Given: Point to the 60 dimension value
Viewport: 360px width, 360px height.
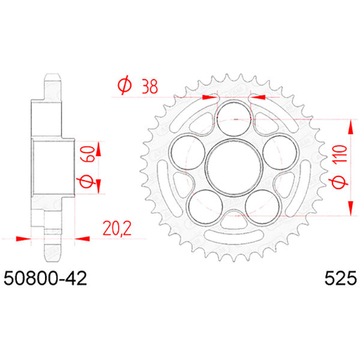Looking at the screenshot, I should tap(87, 155).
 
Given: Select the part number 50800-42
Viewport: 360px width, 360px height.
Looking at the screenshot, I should tap(46, 279).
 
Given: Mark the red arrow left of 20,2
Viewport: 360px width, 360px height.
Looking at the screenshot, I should tap(24, 238).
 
